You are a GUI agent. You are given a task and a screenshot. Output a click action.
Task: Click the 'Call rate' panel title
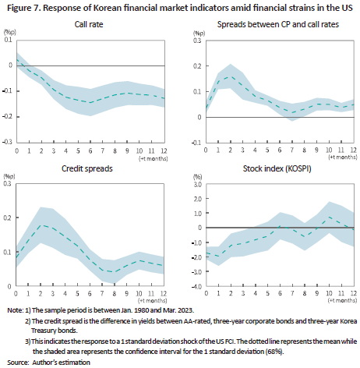point(89,24)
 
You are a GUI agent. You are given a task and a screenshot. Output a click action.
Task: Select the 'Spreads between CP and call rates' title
point(278,24)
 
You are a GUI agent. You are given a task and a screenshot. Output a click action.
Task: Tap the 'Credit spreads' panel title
point(87,168)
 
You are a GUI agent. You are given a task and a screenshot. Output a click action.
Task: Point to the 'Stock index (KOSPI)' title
point(277,168)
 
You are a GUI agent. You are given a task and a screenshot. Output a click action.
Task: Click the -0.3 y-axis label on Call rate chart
point(7,142)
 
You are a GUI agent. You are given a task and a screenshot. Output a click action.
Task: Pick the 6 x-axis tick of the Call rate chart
point(90,151)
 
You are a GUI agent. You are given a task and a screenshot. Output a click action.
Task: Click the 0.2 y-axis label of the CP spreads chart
point(197,66)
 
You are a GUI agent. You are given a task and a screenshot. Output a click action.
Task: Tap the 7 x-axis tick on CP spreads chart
point(292,150)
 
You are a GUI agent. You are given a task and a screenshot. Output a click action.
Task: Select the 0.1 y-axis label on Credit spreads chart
point(7,252)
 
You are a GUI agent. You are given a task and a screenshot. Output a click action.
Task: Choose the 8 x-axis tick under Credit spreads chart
point(115,294)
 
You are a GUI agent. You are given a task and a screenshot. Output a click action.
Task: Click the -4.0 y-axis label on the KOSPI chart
point(196,286)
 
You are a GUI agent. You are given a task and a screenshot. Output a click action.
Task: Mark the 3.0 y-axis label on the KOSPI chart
point(197,185)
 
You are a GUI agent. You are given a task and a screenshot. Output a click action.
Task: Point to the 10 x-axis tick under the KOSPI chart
point(329,293)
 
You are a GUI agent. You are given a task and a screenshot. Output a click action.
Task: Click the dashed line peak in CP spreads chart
point(231,76)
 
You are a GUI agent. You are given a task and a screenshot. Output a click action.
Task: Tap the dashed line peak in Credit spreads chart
point(41,225)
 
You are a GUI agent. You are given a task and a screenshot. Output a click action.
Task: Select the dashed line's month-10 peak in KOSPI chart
point(329,217)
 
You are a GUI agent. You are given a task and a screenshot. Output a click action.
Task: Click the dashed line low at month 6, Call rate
point(90,103)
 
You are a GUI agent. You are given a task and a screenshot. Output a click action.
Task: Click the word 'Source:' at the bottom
point(18,363)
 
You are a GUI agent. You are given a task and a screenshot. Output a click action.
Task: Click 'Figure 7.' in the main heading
point(23,8)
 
